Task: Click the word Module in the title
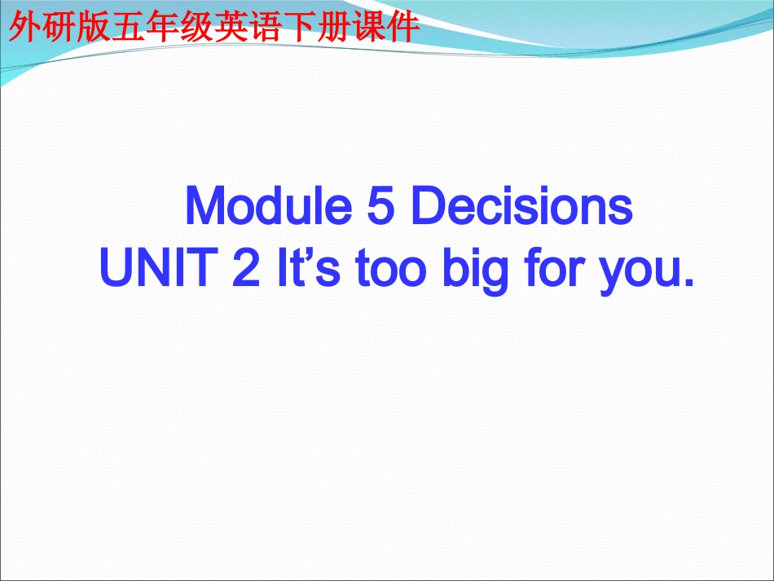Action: tap(266, 208)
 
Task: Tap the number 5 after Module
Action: tap(379, 208)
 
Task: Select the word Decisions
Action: tap(521, 208)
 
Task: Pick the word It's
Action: tap(299, 269)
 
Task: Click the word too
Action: tap(382, 269)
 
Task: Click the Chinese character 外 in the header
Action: tap(23, 29)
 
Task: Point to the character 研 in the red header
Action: tap(59, 29)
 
